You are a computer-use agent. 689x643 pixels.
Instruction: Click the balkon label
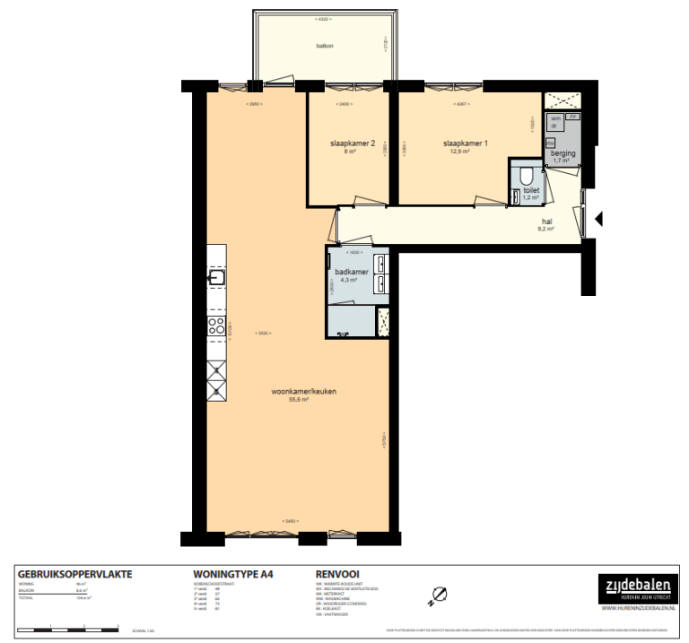(x=324, y=46)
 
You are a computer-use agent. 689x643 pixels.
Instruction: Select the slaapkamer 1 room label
(x=465, y=143)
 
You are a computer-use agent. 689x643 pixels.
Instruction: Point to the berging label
(x=563, y=153)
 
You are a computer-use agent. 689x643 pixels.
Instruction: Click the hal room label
(x=545, y=222)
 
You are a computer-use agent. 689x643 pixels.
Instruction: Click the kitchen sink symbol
(x=217, y=278)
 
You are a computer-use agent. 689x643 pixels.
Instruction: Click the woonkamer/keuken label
(x=299, y=392)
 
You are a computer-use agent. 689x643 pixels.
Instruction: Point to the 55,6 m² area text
(x=299, y=400)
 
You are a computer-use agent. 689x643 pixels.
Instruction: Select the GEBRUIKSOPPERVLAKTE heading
(x=74, y=572)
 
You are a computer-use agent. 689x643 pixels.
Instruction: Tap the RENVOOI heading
(x=337, y=572)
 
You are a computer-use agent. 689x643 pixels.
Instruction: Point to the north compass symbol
(x=439, y=595)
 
